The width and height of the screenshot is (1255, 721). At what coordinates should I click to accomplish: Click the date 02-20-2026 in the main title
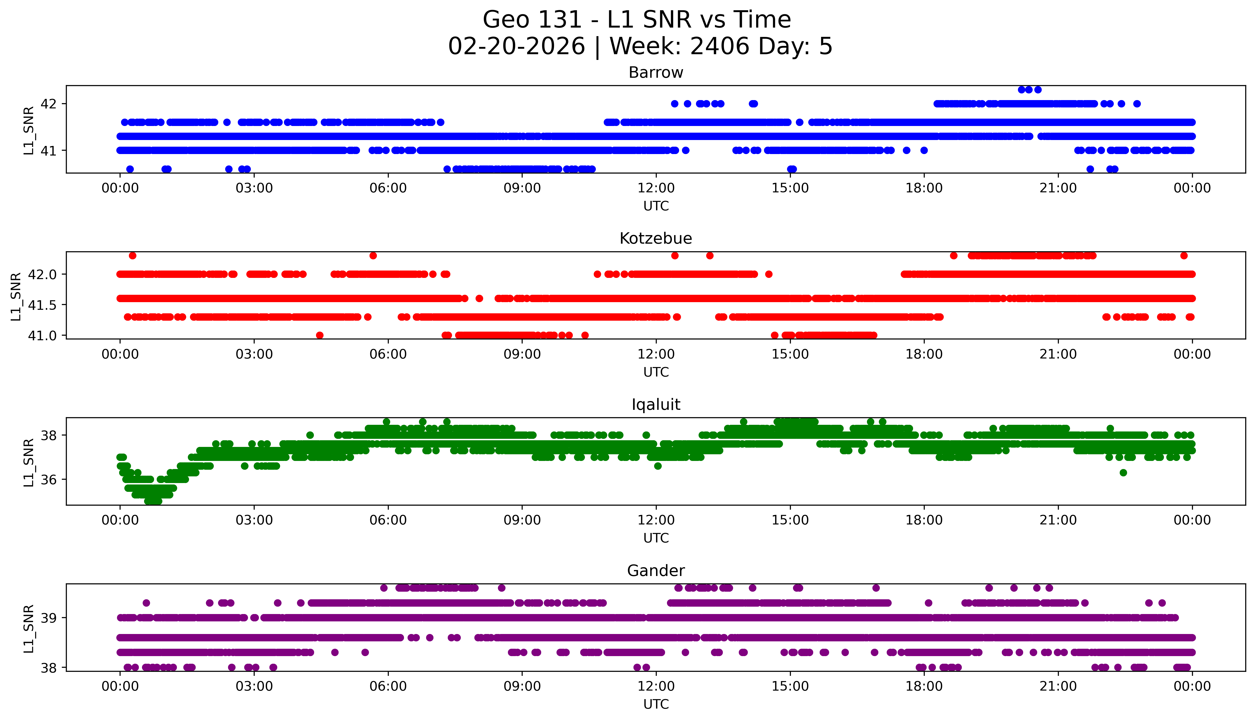tap(516, 47)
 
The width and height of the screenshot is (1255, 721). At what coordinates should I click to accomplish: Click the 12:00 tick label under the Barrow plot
tap(656, 188)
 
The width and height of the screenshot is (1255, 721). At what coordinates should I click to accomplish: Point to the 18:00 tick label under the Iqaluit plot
tap(924, 520)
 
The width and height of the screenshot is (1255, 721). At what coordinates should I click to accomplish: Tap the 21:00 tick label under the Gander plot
tap(1058, 686)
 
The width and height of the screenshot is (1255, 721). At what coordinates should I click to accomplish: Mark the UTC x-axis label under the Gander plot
tap(656, 704)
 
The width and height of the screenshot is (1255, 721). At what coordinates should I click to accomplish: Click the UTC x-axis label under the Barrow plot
tap(656, 206)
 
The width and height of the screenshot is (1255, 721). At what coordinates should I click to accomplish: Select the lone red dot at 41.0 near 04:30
tap(319, 335)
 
